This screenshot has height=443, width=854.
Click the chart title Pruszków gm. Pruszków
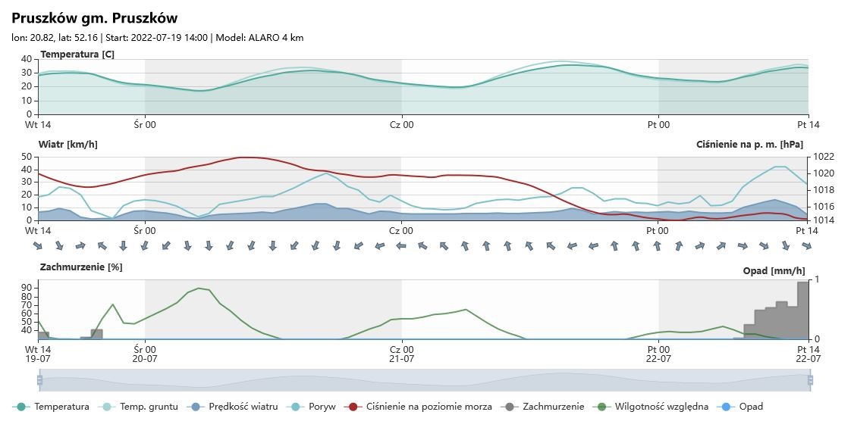[x=95, y=18]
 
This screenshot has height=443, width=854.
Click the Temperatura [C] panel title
[x=77, y=55]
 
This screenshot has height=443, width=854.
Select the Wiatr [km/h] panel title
[x=68, y=144]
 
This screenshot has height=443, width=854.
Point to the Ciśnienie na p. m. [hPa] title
[x=749, y=144]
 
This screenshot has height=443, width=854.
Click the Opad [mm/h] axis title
[x=774, y=271]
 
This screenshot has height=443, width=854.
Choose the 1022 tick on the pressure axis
[x=824, y=157]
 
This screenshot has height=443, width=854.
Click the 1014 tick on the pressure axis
[x=824, y=220]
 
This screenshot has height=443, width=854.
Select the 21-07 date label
[x=401, y=359]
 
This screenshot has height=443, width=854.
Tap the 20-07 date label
[x=145, y=359]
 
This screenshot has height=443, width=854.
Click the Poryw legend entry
[x=322, y=407]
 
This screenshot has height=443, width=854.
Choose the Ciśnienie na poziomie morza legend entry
[x=429, y=407]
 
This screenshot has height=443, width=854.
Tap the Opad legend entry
[x=751, y=407]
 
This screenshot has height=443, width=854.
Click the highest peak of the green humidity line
[x=199, y=288]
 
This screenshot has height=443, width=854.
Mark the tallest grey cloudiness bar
[x=802, y=310]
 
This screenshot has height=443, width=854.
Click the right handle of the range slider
[x=810, y=380]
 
